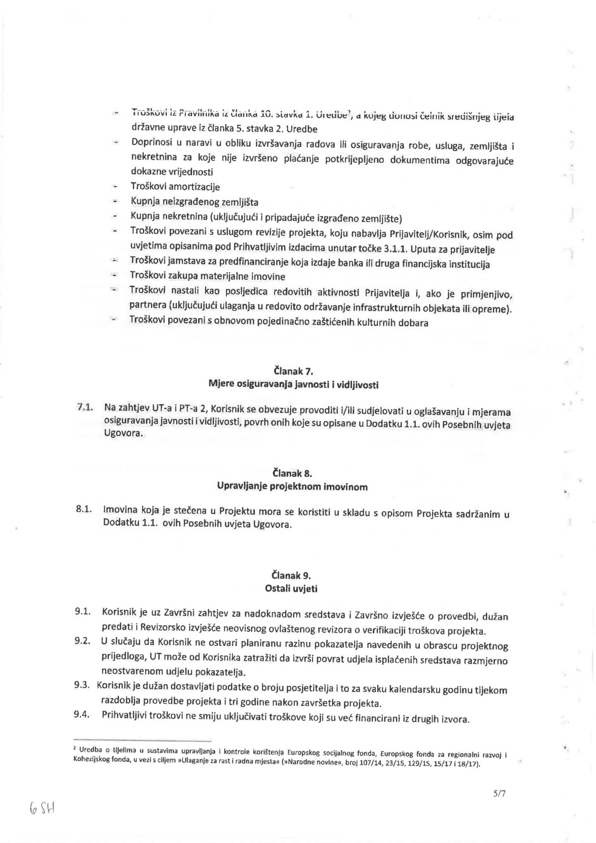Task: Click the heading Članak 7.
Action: coord(293,371)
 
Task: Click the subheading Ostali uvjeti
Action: coord(291,589)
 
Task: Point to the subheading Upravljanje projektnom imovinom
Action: coord(292,487)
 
